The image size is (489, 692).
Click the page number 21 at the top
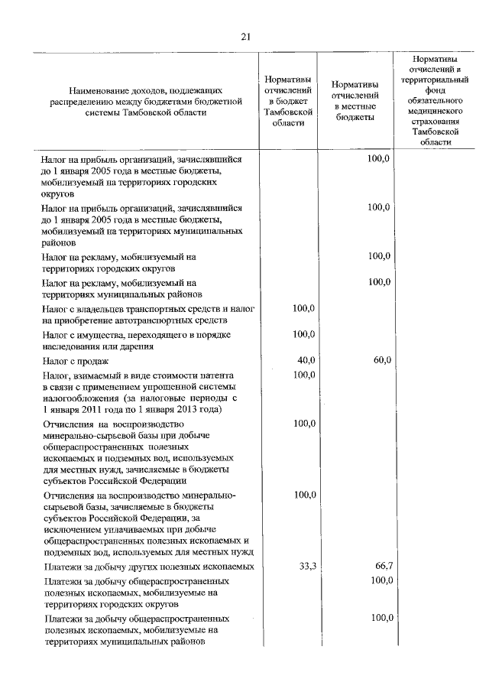[245, 36]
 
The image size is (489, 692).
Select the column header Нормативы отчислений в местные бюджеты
[355, 101]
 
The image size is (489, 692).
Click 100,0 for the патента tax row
[305, 375]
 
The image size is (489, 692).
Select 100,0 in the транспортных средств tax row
[305, 307]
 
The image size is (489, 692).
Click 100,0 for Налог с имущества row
[305, 334]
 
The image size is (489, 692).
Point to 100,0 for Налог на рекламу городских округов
[379, 256]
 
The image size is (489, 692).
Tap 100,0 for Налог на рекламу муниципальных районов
[379, 282]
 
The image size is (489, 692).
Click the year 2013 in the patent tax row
[195, 409]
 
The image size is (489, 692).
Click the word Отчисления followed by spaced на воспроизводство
[67, 423]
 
